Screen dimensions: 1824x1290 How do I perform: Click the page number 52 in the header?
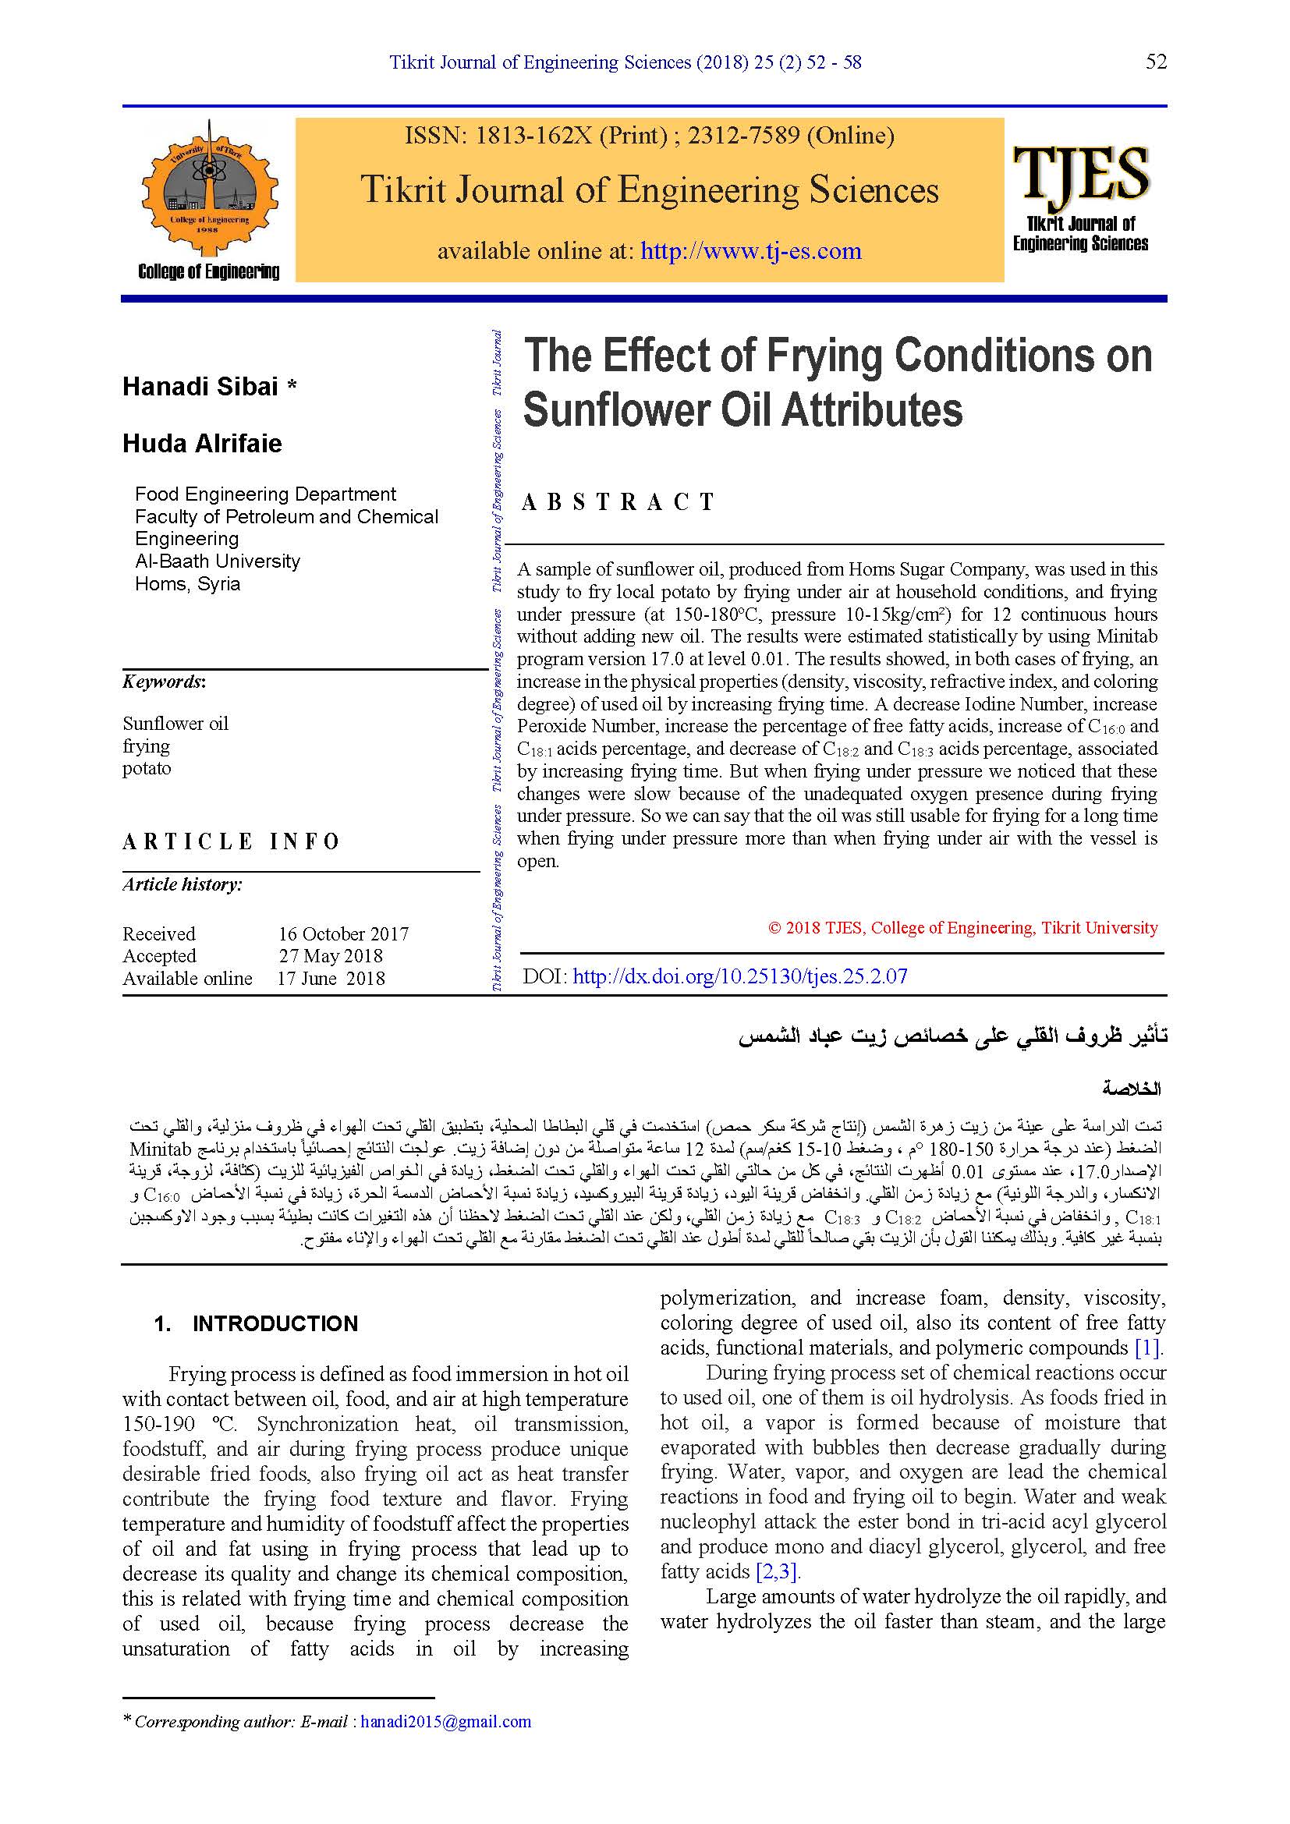[x=1156, y=62]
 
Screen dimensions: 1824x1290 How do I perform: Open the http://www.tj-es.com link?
[x=750, y=251]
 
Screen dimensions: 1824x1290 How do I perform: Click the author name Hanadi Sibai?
[x=200, y=387]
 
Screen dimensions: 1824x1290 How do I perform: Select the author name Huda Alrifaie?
[x=202, y=443]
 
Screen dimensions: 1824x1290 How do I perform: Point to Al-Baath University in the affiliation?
[x=218, y=561]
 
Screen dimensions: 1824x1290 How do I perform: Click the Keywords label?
[x=164, y=682]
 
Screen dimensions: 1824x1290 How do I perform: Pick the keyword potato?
[x=147, y=768]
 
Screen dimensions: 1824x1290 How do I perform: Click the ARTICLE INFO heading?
[x=231, y=841]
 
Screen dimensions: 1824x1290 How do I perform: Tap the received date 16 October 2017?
[x=343, y=933]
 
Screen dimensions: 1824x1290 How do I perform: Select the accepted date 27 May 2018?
[x=331, y=956]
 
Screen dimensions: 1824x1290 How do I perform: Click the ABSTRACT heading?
[x=618, y=502]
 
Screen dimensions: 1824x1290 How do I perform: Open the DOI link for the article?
[x=739, y=976]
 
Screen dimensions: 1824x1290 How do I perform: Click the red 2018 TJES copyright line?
[x=962, y=928]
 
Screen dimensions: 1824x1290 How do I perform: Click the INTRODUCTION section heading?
[x=275, y=1323]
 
